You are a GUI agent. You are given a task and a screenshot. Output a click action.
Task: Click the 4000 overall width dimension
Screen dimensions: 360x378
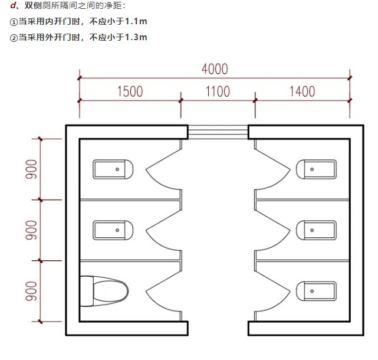click(x=214, y=68)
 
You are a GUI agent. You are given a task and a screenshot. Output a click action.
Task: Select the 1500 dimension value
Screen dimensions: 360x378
click(x=130, y=91)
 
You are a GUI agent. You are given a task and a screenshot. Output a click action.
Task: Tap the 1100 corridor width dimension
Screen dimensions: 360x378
click(x=218, y=91)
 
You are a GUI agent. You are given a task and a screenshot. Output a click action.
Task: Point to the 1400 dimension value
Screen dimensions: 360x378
click(x=302, y=91)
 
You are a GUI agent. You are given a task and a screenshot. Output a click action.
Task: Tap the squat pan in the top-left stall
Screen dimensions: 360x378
click(x=113, y=169)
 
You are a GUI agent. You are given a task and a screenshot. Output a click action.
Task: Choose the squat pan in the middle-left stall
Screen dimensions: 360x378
click(x=113, y=230)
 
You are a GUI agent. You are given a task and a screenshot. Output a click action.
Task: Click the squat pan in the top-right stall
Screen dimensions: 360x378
click(x=316, y=169)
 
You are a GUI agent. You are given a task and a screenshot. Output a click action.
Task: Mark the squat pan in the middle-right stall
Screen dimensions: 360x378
click(x=316, y=230)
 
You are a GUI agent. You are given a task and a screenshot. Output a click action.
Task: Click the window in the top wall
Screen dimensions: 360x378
click(x=218, y=132)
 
